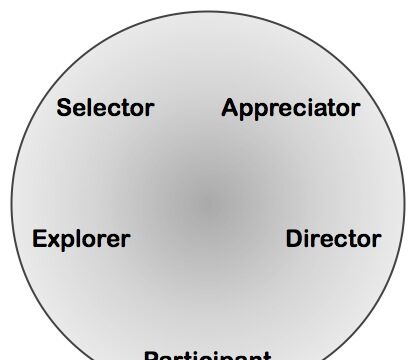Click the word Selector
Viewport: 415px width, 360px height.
point(105,107)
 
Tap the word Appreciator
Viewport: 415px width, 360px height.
point(290,107)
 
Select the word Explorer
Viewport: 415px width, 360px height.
point(81,239)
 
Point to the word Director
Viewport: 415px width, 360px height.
point(333,239)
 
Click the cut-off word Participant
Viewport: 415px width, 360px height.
point(207,354)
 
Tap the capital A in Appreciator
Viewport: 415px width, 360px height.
point(230,107)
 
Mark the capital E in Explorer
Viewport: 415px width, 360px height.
point(40,239)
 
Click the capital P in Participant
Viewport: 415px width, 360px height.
point(151,355)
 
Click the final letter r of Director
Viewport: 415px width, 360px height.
point(375,240)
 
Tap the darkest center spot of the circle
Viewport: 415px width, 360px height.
point(207,205)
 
